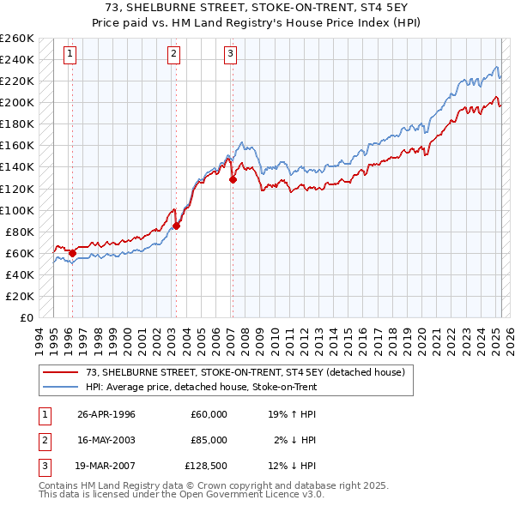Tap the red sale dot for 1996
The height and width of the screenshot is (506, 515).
click(72, 253)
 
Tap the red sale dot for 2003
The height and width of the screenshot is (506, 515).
click(176, 226)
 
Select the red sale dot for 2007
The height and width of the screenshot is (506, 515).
click(233, 179)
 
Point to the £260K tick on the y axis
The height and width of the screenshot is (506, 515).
click(17, 39)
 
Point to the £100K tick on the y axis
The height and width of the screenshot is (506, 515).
click(17, 210)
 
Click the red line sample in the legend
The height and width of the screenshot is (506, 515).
click(61, 371)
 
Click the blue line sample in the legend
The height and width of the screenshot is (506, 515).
click(61, 387)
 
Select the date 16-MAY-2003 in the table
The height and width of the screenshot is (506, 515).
click(106, 440)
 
